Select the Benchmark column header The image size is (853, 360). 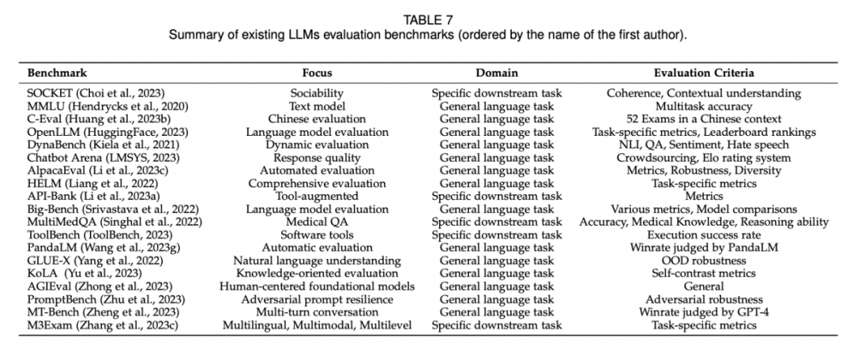pyautogui.click(x=57, y=73)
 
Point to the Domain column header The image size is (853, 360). pyautogui.click(x=496, y=73)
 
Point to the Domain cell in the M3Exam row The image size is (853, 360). pyautogui.click(x=496, y=325)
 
